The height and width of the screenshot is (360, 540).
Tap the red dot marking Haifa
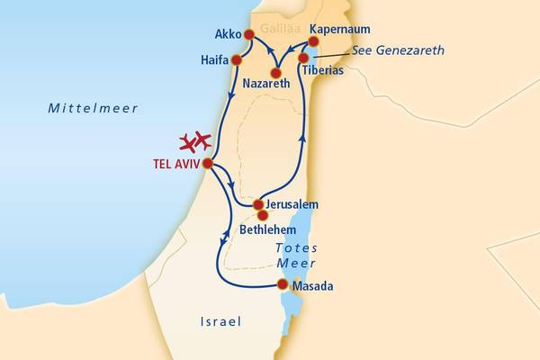point(238,60)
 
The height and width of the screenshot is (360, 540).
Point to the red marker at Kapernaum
point(313,41)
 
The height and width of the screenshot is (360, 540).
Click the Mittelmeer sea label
point(93,108)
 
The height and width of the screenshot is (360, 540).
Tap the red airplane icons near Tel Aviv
point(194,141)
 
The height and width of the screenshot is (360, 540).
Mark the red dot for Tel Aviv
point(208,164)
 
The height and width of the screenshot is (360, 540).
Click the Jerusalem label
point(292,204)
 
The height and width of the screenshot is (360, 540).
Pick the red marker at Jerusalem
point(258,204)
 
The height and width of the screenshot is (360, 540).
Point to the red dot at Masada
point(283,285)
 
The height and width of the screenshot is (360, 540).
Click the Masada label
point(313,286)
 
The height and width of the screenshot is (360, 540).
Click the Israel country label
point(220,321)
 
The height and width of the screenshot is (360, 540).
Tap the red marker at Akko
point(248,36)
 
